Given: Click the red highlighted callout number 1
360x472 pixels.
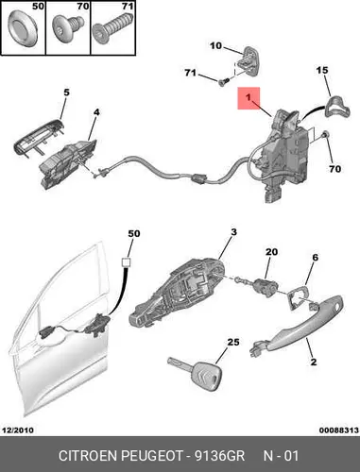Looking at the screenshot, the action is (249, 98).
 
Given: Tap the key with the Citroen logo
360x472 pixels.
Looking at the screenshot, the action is (196, 373).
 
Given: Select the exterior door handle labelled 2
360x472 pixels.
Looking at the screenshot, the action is (297, 327).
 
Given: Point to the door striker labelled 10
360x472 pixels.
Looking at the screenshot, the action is (249, 61).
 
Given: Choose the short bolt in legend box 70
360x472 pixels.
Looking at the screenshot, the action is (67, 27).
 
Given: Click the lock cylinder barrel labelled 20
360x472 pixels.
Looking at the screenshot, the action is (265, 287).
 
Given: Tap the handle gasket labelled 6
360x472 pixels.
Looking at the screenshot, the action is (297, 297).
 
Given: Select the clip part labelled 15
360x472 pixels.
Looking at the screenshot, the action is (337, 108).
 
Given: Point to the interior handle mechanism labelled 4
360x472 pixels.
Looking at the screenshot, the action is (68, 164).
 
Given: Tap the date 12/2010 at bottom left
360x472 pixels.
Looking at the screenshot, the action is (18, 430).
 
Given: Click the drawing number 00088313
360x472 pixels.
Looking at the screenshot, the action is (339, 430).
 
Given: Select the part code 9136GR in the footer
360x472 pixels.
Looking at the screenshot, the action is (219, 456).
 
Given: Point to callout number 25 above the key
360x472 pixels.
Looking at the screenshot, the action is (233, 342).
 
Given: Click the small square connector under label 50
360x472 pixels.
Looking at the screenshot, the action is (127, 262).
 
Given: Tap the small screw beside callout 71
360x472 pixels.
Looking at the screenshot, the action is (223, 82).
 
